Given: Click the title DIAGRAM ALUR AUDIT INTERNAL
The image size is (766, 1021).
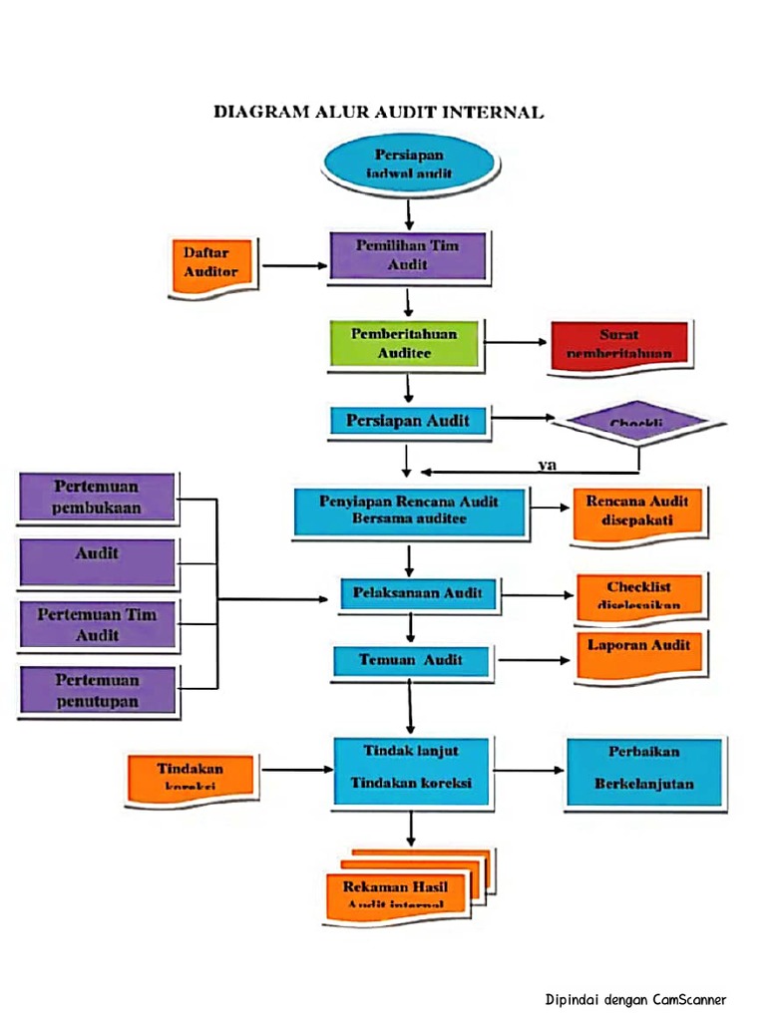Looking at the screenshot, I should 379,113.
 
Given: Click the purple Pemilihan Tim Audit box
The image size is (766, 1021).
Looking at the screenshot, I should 407,256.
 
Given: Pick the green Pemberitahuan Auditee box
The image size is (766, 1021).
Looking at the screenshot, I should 404,344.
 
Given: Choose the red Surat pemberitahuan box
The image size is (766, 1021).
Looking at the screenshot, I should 618,346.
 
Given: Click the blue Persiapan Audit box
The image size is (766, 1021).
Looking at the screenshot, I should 408,421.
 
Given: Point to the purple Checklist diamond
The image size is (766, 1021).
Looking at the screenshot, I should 638,423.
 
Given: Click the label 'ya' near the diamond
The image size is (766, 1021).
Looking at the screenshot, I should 547,464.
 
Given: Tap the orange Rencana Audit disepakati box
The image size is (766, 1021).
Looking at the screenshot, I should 637,511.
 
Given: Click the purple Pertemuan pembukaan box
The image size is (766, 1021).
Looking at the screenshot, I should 98,498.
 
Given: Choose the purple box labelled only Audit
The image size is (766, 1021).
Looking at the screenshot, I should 98,562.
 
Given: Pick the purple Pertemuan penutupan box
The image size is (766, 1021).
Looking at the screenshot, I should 98,691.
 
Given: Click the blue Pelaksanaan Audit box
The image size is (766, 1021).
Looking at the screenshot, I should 418,594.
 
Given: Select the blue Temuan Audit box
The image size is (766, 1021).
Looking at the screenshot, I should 411,660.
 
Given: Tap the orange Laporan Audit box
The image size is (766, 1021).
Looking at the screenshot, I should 638,653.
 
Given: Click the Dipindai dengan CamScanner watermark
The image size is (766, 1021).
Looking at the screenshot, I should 635,999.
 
